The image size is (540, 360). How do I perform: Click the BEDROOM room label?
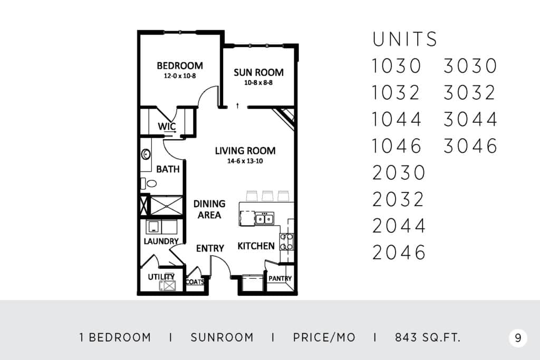[180, 65]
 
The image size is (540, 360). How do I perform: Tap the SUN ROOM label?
[258, 72]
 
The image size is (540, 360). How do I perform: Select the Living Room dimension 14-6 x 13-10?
[245, 161]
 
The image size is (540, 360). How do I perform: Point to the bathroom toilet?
[149, 183]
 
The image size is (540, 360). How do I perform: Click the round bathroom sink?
[146, 154]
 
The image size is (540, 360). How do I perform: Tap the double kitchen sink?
[265, 219]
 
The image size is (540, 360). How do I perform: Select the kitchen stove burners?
[286, 241]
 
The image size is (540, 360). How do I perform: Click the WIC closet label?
[167, 127]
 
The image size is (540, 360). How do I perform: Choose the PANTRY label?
[280, 278]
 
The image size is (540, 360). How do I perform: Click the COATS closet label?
[195, 282]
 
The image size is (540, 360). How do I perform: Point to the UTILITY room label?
[161, 277]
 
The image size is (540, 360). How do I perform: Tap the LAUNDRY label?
[161, 241]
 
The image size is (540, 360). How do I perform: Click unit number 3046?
[470, 145]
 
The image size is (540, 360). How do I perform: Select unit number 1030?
[397, 66]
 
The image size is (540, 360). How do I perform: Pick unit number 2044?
[399, 226]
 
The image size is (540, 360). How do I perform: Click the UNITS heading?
[404, 39]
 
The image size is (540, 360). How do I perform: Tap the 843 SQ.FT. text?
[427, 338]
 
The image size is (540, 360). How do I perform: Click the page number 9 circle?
[518, 338]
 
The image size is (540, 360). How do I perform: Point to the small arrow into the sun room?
[237, 105]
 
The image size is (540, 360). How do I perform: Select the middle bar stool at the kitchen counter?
[267, 196]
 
